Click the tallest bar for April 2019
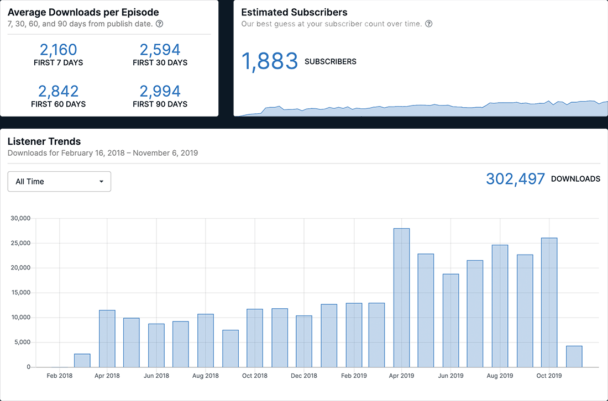401,298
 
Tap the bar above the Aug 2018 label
206,340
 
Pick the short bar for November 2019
574,356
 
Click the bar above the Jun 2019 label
450,320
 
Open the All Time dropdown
59,181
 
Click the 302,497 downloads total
515,179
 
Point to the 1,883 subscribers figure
270,61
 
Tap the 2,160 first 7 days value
58,50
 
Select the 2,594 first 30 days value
160,50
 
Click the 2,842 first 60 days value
58,91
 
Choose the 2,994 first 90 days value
160,91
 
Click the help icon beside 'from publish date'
159,24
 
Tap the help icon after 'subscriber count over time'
428,24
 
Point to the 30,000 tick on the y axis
20,218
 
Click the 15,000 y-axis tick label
20,293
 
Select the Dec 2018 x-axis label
304,376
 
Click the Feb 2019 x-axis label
354,376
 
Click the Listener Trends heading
44,141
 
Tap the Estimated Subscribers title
294,12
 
